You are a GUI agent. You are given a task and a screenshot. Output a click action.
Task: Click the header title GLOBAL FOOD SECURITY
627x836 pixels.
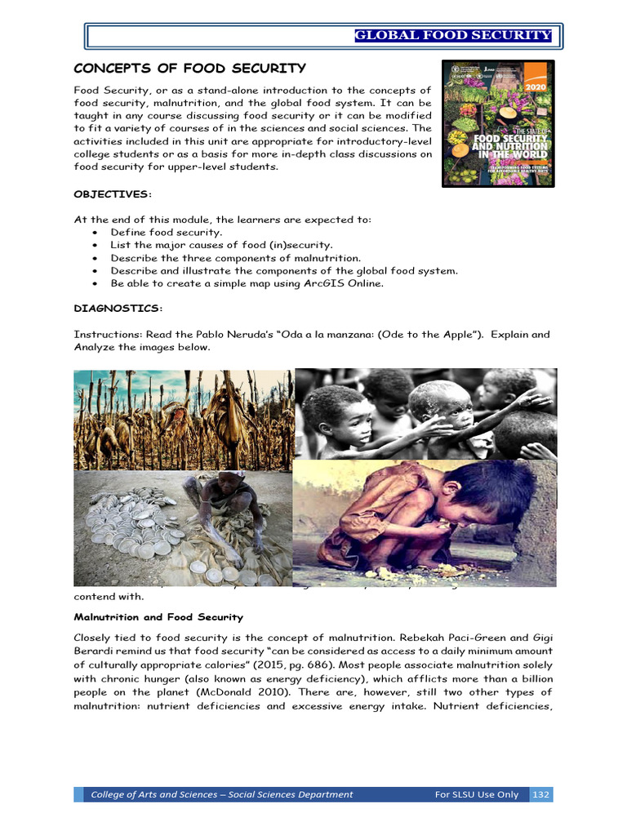pyautogui.click(x=453, y=35)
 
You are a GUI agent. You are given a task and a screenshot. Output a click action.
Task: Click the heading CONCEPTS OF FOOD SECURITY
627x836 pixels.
pyautogui.click(x=190, y=69)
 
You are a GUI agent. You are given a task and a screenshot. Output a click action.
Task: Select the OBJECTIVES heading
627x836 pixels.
pyautogui.click(x=113, y=193)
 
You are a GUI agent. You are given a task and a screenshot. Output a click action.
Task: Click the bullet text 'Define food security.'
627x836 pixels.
pyautogui.click(x=167, y=233)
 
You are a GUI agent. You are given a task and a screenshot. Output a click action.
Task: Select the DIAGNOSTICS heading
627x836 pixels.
pyautogui.click(x=118, y=308)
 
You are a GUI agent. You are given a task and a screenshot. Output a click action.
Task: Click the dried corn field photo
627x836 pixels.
pyautogui.click(x=183, y=419)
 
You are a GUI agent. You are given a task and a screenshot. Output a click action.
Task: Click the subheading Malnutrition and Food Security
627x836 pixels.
pyautogui.click(x=158, y=617)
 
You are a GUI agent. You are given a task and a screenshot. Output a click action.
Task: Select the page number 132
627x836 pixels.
pyautogui.click(x=540, y=794)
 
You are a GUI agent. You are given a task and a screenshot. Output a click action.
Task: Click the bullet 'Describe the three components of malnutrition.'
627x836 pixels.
pyautogui.click(x=236, y=258)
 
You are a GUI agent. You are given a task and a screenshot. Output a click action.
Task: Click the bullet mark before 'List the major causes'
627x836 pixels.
pyautogui.click(x=95, y=246)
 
